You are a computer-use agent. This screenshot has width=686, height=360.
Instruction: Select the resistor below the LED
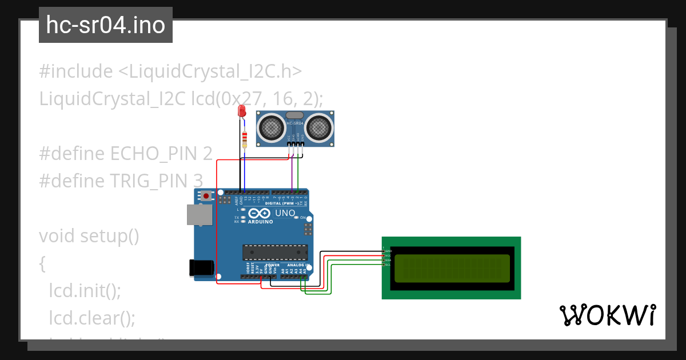coord(245,138)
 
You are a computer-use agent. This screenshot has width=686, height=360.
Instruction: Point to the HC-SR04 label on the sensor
coord(294,123)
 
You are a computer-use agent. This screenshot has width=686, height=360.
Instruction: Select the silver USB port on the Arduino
coord(199,214)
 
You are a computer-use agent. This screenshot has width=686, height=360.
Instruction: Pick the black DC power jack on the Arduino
coord(202,267)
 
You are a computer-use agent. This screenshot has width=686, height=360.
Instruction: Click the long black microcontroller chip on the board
coord(274,251)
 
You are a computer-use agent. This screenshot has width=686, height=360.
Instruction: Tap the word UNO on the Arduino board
coord(285,213)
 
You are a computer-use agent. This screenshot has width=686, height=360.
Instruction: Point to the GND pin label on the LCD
coord(388,251)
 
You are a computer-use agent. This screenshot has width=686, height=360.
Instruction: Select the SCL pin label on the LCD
coord(388,265)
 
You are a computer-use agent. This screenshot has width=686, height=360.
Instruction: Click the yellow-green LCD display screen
coord(452,268)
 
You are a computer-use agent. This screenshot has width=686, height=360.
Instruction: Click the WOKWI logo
coord(607,315)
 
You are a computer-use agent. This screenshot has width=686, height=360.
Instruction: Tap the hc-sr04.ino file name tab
coord(106,25)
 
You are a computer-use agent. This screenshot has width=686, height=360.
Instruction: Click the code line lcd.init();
coord(85,290)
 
